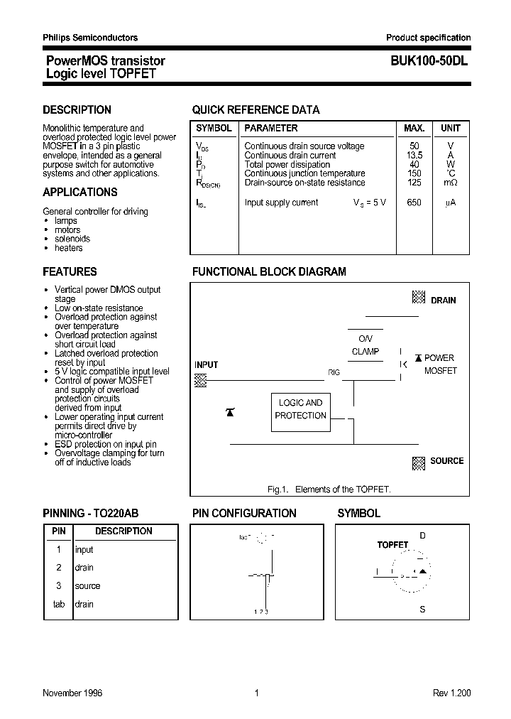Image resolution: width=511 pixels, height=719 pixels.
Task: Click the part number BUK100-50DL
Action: (428, 62)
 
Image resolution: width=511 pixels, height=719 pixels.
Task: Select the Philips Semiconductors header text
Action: (90, 38)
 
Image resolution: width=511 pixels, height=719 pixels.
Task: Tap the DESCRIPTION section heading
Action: (77, 110)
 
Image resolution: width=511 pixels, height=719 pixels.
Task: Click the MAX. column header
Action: (414, 129)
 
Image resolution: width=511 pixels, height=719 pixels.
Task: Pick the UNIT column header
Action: (451, 129)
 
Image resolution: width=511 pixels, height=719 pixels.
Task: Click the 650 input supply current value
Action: (414, 202)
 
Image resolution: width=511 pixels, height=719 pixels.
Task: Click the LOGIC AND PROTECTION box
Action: (300, 409)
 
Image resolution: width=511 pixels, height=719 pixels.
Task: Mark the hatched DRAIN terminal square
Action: (419, 298)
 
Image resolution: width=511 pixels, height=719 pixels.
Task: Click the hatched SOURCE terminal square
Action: (419, 463)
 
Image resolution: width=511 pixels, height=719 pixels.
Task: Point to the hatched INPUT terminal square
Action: (201, 380)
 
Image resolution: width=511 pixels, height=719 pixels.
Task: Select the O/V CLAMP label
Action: (366, 345)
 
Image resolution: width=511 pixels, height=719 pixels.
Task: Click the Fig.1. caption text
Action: (329, 490)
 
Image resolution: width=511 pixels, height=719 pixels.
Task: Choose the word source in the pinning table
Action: (87, 586)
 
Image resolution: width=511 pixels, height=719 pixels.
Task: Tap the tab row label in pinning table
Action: (59, 605)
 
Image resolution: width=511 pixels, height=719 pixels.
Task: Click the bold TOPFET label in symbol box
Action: (392, 545)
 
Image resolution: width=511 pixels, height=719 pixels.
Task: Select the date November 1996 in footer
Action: (72, 693)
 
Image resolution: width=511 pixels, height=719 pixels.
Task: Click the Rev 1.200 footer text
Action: (451, 693)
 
